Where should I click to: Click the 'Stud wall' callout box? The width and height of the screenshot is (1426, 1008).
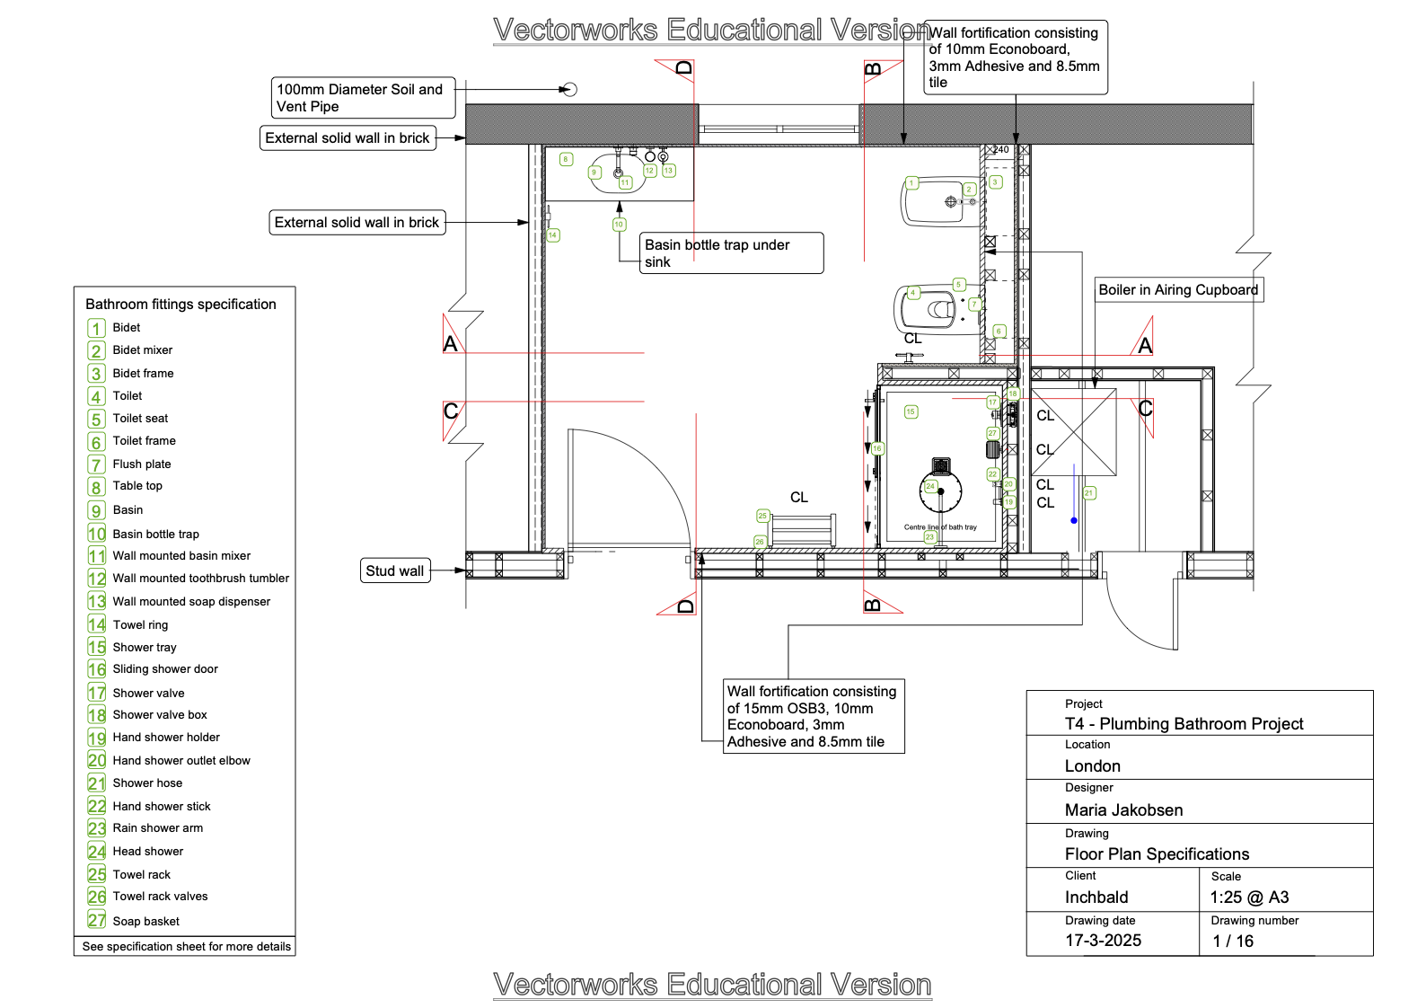(x=395, y=570)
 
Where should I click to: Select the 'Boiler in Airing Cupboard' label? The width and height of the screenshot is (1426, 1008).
(x=1178, y=290)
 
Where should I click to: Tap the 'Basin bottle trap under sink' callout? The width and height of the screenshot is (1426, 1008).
(x=731, y=253)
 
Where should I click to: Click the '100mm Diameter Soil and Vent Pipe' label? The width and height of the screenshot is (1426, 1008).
(x=363, y=98)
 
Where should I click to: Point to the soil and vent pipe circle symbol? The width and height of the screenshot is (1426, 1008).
(x=569, y=90)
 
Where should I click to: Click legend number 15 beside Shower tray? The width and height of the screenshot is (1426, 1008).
(x=97, y=647)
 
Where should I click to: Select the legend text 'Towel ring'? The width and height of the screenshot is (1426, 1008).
(x=140, y=625)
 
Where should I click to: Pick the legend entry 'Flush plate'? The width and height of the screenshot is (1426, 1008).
(x=142, y=464)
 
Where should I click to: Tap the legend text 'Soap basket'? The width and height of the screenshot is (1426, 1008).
(x=146, y=922)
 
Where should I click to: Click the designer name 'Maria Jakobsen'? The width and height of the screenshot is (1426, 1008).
(x=1123, y=810)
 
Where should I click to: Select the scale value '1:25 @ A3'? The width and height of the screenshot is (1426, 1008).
(x=1249, y=897)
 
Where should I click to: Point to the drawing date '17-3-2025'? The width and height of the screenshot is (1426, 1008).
(x=1103, y=941)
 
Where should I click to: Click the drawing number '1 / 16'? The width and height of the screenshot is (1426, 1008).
(x=1233, y=942)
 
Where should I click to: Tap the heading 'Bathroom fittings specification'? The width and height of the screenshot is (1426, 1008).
(x=180, y=305)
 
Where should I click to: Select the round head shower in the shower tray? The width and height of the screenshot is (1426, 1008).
(x=941, y=491)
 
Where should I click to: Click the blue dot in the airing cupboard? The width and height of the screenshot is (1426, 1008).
(x=1074, y=520)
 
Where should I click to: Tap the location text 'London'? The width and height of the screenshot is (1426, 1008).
(x=1092, y=766)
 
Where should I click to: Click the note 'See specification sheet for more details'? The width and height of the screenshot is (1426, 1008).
(x=186, y=947)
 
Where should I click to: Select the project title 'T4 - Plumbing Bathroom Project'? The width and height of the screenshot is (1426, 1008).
(x=1184, y=724)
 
